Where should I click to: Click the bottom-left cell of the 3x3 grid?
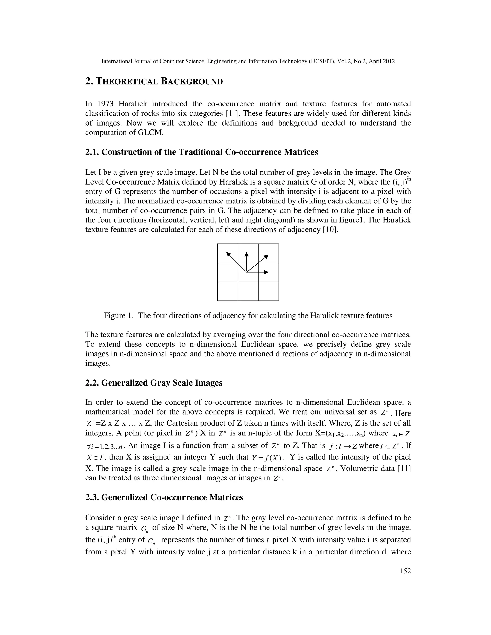228,291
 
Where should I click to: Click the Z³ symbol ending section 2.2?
277,479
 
